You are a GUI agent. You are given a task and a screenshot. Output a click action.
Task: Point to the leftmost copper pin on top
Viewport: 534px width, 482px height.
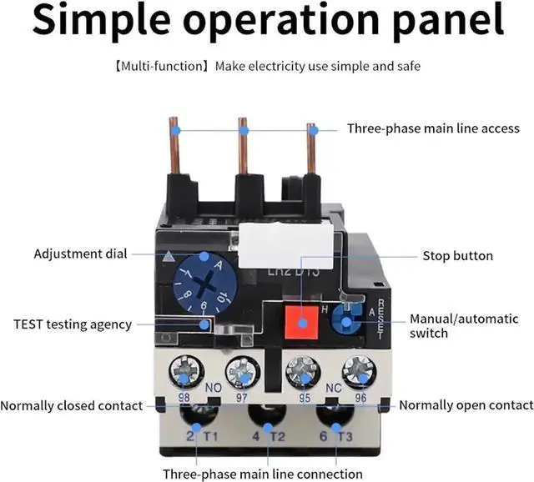click(x=175, y=147)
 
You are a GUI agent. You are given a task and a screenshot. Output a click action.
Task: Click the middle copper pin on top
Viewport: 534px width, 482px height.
click(x=244, y=147)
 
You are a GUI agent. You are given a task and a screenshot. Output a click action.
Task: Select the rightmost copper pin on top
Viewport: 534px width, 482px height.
click(x=312, y=147)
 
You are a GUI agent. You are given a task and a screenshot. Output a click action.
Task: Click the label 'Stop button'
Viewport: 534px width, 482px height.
click(x=457, y=256)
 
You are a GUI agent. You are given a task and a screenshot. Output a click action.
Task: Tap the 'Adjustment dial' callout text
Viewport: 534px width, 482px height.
click(x=81, y=254)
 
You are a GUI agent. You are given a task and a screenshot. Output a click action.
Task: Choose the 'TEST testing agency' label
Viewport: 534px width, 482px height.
click(x=73, y=324)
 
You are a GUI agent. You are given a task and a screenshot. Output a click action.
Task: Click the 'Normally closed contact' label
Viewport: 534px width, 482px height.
click(x=72, y=405)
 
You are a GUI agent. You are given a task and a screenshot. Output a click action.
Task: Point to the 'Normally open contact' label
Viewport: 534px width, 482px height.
click(x=466, y=405)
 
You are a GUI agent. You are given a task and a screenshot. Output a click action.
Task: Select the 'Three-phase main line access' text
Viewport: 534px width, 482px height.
click(x=433, y=128)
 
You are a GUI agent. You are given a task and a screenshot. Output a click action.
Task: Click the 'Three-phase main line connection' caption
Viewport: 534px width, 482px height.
click(x=263, y=474)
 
